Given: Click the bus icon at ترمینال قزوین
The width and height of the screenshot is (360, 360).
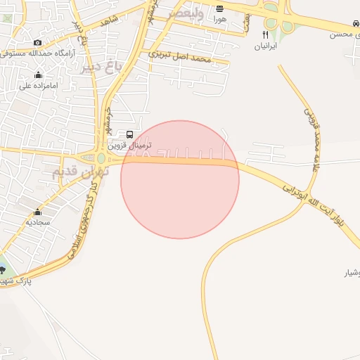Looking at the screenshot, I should (129, 134).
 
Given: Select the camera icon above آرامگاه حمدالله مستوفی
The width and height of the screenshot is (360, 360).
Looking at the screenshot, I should (38, 43).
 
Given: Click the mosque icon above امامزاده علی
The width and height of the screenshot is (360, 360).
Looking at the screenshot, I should (38, 76).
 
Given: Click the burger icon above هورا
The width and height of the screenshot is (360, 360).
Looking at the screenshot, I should (220, 9).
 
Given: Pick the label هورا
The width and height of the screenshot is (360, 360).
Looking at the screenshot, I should (220, 20).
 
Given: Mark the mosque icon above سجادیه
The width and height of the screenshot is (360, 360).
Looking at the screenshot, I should (37, 212).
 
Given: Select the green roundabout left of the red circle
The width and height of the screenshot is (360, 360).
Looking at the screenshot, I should (101, 157).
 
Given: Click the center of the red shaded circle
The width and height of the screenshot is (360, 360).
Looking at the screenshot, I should (180, 179).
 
